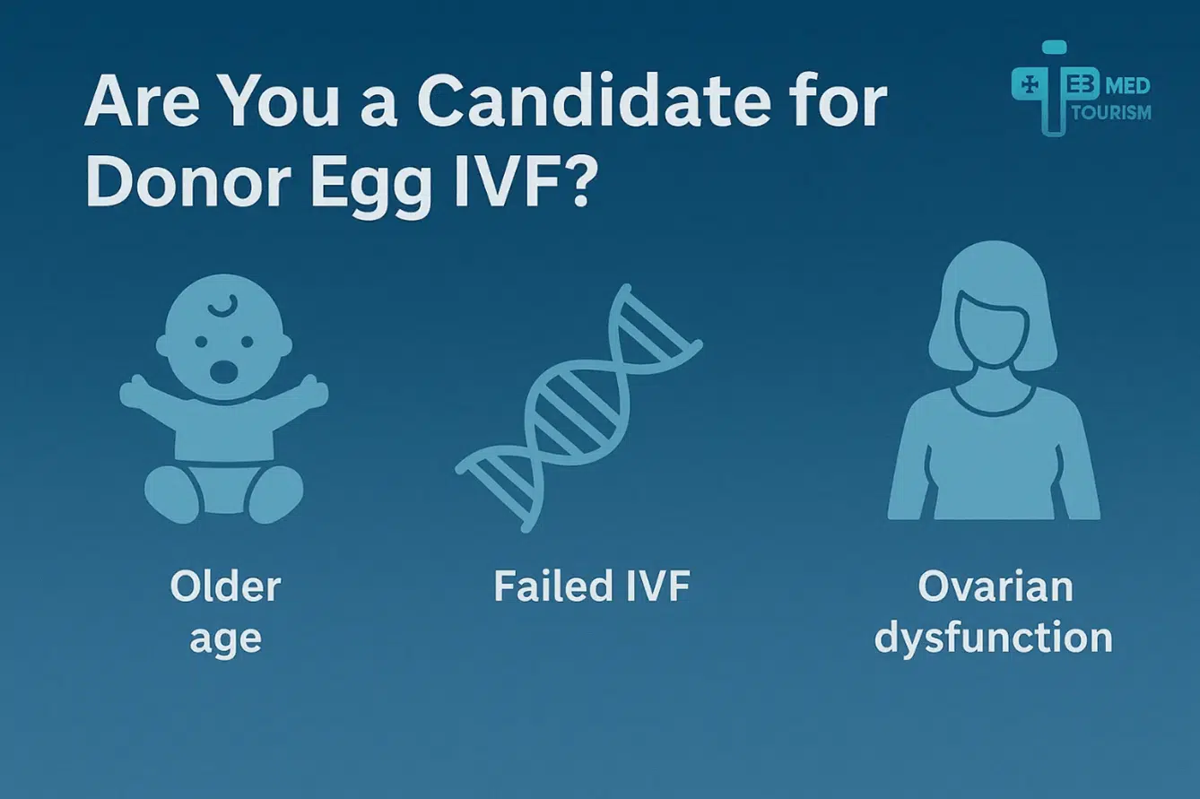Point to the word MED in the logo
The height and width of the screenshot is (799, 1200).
(1130, 87)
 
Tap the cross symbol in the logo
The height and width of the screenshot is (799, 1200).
(1030, 84)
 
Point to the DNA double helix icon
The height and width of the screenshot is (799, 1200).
(578, 408)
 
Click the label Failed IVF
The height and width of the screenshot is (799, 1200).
(592, 587)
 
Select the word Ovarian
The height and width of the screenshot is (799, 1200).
(995, 587)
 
